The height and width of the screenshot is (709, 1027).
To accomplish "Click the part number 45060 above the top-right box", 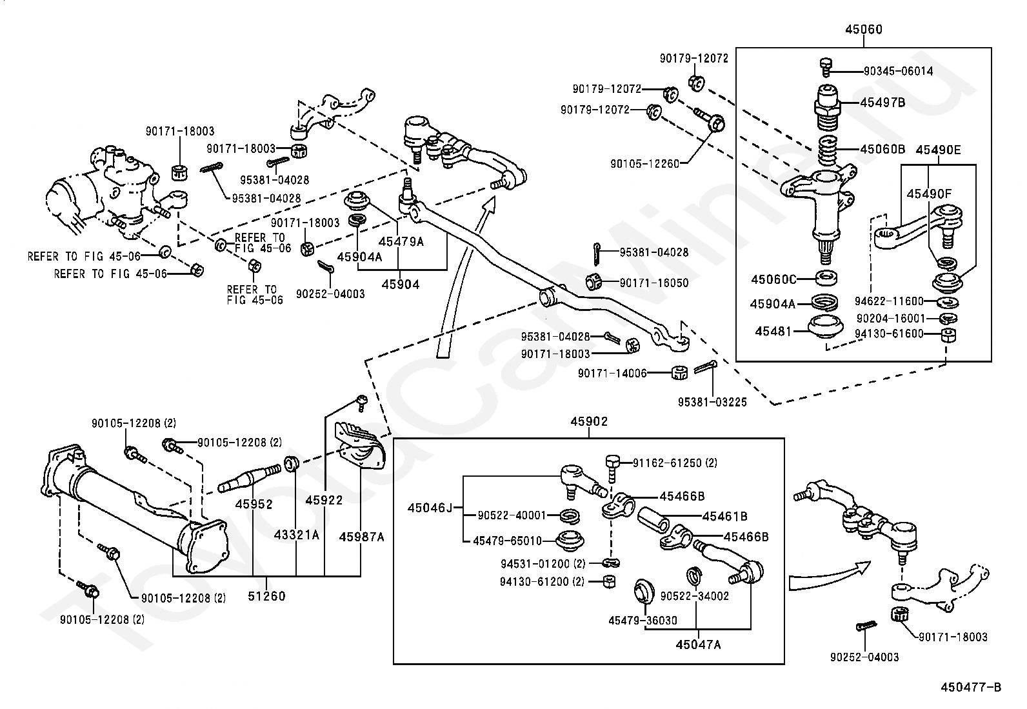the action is pyautogui.click(x=863, y=29).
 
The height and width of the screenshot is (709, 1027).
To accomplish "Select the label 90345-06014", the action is pyautogui.click(x=898, y=71).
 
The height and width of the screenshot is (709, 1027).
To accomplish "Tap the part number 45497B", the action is pyautogui.click(x=882, y=103).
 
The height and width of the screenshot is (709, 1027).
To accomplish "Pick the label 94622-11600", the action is pyautogui.click(x=889, y=301).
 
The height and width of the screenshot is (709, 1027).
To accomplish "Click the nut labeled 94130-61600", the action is pyautogui.click(x=948, y=335).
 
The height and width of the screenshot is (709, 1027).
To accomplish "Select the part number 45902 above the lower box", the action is pyautogui.click(x=589, y=421).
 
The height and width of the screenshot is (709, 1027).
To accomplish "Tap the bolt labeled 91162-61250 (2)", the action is pyautogui.click(x=613, y=467).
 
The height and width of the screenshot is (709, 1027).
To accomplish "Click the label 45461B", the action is pyautogui.click(x=725, y=516).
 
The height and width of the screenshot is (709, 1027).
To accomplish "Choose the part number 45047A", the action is pyautogui.click(x=698, y=644).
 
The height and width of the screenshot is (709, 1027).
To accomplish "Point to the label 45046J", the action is pyautogui.click(x=430, y=508).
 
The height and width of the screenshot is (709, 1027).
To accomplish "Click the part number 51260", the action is pyautogui.click(x=266, y=596).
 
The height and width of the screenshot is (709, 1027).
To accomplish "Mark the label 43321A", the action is pyautogui.click(x=297, y=535).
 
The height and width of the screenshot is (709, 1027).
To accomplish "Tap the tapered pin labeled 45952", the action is pyautogui.click(x=250, y=477).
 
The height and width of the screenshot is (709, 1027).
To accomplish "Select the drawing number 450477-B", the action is pyautogui.click(x=971, y=688).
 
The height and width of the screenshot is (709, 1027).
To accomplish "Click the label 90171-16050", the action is pyautogui.click(x=654, y=283).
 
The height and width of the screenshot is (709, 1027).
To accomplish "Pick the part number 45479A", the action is pyautogui.click(x=401, y=242).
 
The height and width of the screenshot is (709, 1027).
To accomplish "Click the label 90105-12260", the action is pyautogui.click(x=644, y=164).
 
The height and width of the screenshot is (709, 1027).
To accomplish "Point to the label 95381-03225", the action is pyautogui.click(x=712, y=402).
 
